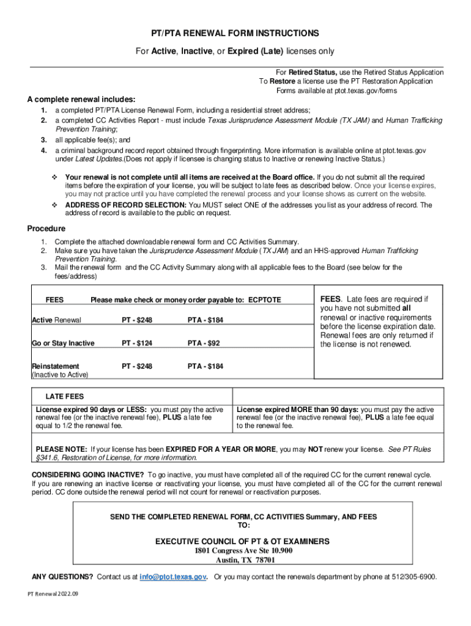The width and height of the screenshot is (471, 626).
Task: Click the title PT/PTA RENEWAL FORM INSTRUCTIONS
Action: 235,33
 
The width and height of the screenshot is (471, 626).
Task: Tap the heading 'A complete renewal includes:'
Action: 81,100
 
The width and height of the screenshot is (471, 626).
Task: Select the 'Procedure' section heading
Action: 46,229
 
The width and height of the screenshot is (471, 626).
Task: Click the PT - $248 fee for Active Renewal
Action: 137,320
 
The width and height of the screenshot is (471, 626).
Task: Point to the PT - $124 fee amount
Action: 137,343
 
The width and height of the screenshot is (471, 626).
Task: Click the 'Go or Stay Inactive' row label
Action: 63,343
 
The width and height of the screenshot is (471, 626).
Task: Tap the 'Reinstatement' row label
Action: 55,366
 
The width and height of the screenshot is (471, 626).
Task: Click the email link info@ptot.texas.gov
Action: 172,576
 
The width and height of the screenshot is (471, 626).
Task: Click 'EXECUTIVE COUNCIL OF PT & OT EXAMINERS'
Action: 242,541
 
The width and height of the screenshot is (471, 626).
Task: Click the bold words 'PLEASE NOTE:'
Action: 61,449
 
